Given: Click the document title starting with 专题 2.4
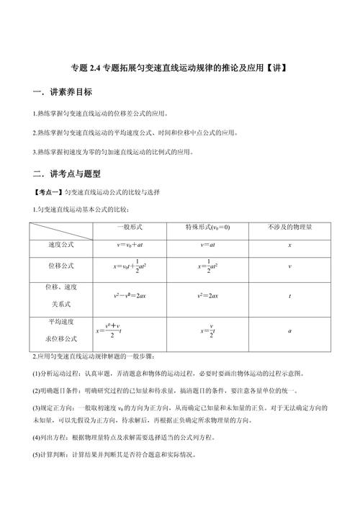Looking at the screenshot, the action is click(x=180, y=70).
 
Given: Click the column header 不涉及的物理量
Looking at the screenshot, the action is click(x=289, y=228).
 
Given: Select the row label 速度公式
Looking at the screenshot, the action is click(x=61, y=245).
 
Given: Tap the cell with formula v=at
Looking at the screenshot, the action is click(x=209, y=246).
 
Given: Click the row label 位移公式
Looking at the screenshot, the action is click(x=61, y=266).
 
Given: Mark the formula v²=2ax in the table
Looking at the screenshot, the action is click(x=209, y=295).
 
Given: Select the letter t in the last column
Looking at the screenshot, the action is click(x=289, y=295).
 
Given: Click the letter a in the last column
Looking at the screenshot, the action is click(x=289, y=330).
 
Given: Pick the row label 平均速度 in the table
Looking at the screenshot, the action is click(x=61, y=322).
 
